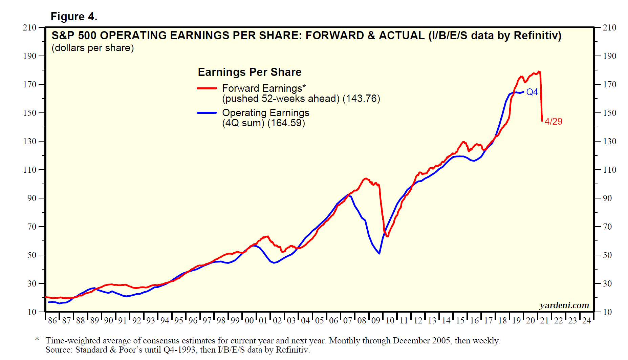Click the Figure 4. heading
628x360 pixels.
[74, 16]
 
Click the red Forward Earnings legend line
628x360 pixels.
[207, 88]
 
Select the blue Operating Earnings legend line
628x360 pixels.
[207, 113]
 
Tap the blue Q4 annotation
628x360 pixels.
[532, 92]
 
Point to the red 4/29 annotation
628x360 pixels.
[554, 121]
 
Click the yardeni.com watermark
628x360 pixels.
[564, 305]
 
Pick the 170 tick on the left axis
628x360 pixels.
[30, 84]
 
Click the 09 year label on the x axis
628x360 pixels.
[376, 320]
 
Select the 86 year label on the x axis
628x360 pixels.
[52, 320]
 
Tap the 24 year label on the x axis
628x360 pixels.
[586, 320]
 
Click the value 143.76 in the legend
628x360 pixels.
[361, 99]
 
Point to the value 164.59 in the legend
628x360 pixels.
[286, 123]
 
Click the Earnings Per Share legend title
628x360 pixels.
[250, 72]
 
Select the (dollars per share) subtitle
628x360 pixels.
[93, 48]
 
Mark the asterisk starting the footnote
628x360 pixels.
[37, 339]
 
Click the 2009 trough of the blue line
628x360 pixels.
[379, 253]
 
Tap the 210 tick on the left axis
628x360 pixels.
[30, 27]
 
